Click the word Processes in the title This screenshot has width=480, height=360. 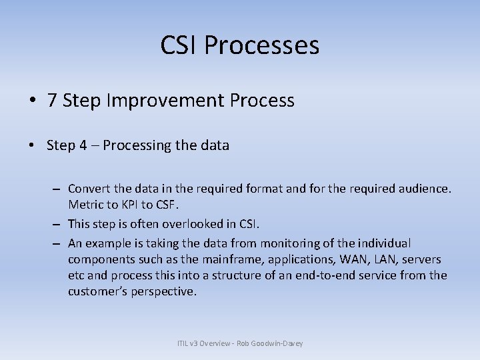[x=261, y=46]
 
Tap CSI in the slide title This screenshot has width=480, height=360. [x=179, y=46]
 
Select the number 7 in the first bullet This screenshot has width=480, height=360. [x=51, y=101]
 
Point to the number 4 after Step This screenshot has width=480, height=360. [x=83, y=145]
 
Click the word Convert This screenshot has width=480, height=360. [x=89, y=189]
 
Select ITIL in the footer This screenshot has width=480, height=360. [x=184, y=343]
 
